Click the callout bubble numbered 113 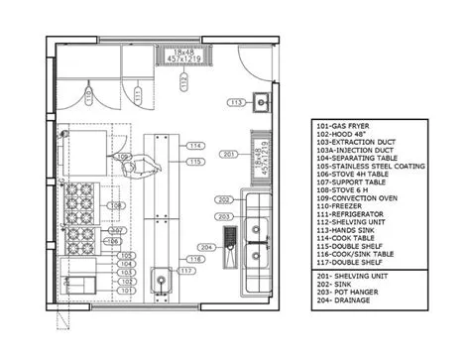pos(236,102)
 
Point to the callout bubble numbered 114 pos(195,146)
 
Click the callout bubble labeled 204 pos(206,246)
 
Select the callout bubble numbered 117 pos(187,270)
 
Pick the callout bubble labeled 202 pos(224,200)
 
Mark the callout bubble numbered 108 pos(116,206)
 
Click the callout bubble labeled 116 pos(195,258)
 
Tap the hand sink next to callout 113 pos(262,101)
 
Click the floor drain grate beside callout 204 pos(231,240)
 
